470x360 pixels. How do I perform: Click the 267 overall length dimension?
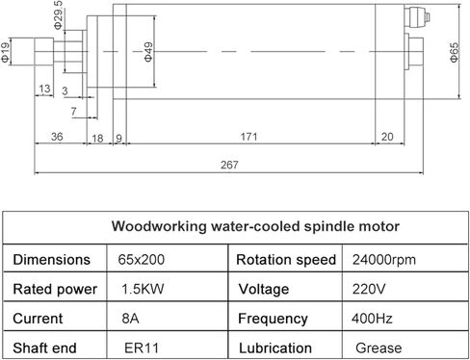coord(229,165)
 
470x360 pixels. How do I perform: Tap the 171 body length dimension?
coord(248,137)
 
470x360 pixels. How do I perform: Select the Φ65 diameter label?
coord(455,53)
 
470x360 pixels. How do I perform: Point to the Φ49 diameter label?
coord(148,52)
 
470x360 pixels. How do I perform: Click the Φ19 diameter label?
coord(6,53)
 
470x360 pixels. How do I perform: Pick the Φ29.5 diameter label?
coord(58,14)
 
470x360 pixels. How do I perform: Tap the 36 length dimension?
coord(57,137)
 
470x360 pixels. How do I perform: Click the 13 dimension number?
coord(44,89)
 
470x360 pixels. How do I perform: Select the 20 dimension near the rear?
coord(387,137)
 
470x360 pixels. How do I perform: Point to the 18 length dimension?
coord(97,139)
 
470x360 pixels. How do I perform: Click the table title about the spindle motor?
coord(255,226)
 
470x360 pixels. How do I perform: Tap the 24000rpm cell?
coord(384,260)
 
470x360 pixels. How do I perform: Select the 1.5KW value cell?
coord(143,289)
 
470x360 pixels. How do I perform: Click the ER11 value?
coord(142,347)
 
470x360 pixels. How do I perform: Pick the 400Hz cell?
coord(372,319)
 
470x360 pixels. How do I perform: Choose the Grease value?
coord(379,347)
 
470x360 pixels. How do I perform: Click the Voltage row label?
coord(264,290)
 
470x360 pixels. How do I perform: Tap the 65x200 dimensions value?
coord(141,260)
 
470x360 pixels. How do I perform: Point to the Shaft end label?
coord(44,347)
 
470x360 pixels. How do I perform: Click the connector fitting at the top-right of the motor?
coord(417,17)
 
